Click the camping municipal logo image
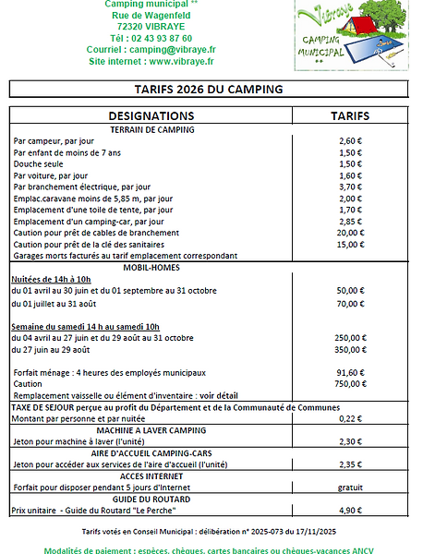[354, 36]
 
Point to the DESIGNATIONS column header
[151, 116]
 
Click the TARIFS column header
[350, 116]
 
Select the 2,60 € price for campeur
[350, 140]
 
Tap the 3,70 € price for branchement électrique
[350, 187]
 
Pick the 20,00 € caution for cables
[350, 233]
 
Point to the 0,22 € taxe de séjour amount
[350, 418]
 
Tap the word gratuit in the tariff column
[350, 487]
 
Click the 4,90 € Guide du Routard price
[350, 510]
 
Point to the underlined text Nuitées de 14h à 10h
[51, 279]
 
